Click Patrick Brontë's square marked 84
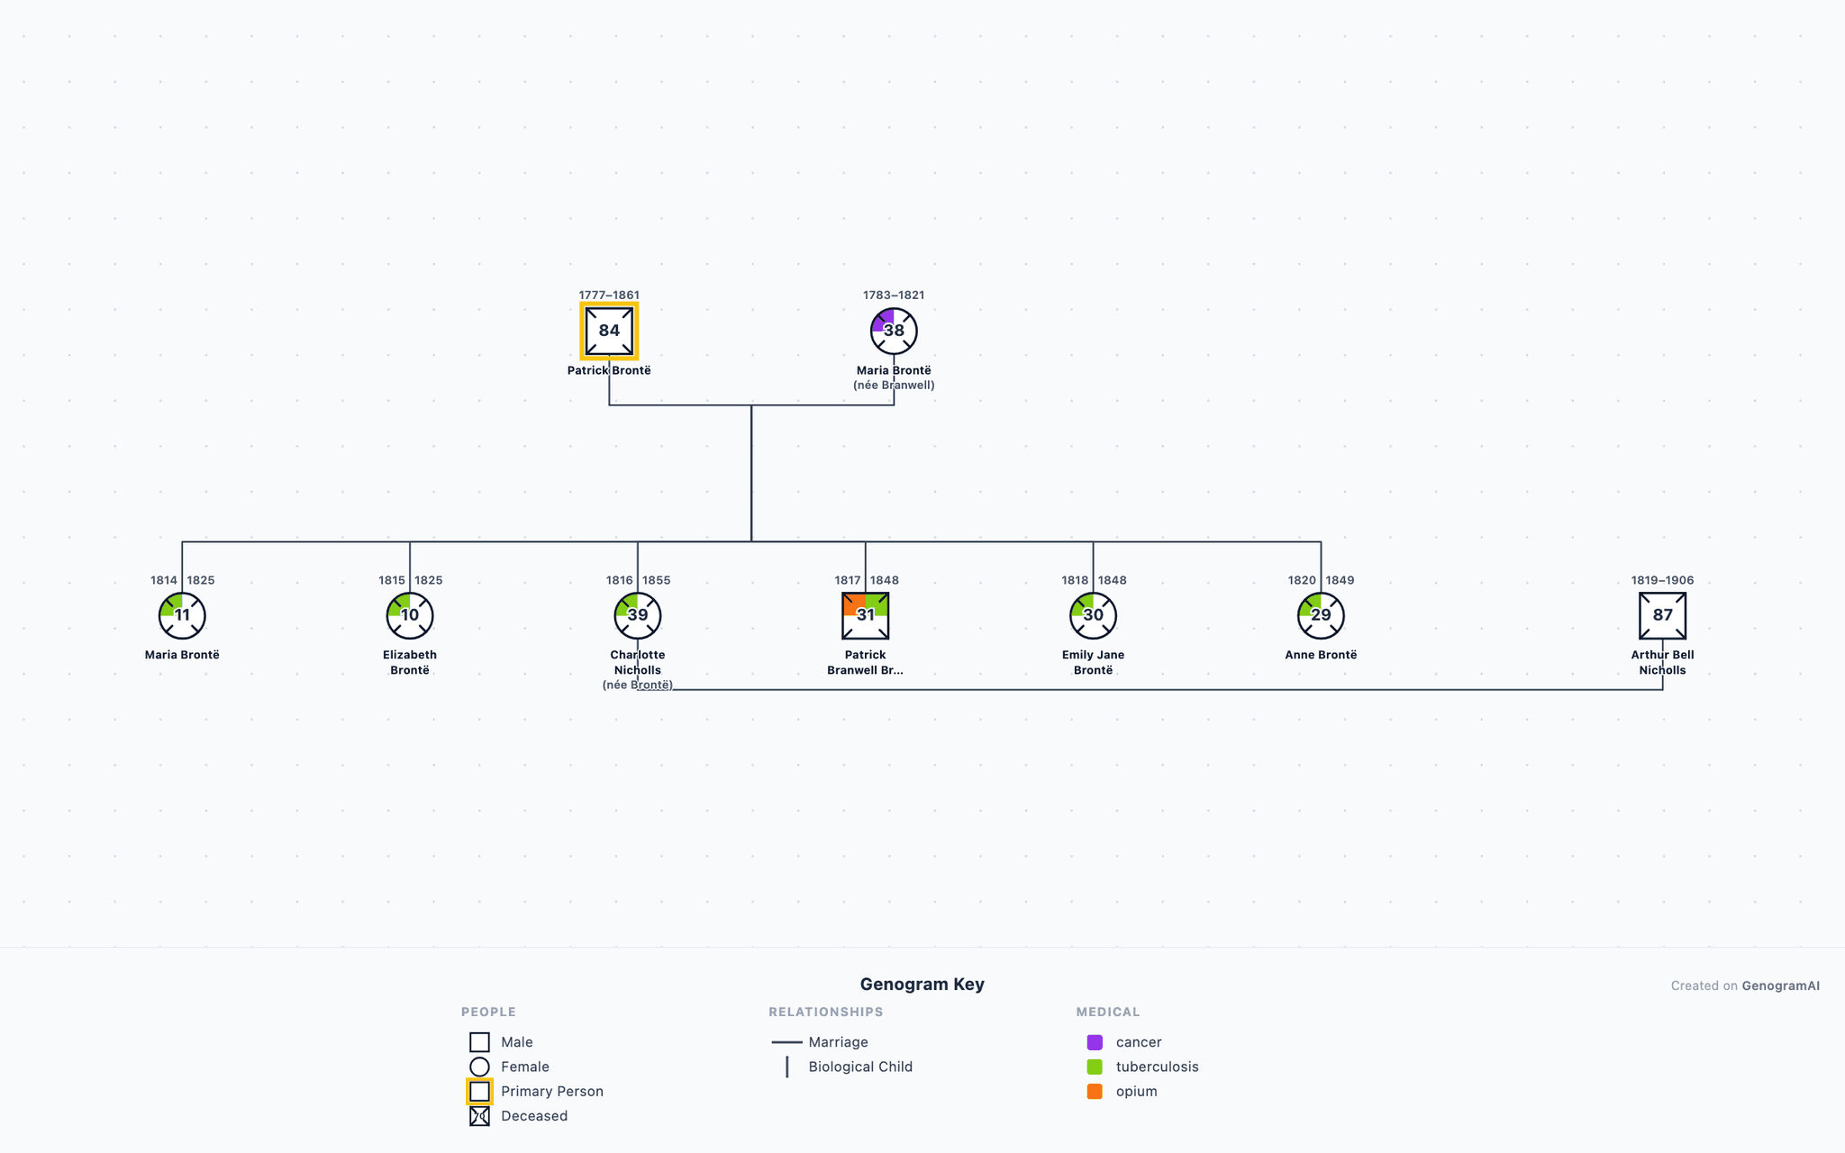click(x=609, y=331)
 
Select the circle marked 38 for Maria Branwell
click(x=894, y=331)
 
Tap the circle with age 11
click(x=182, y=615)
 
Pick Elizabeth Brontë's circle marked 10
click(x=410, y=615)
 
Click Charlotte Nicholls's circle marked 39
click(x=638, y=615)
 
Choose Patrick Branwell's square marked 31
click(x=866, y=615)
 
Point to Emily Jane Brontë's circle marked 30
click(x=1093, y=615)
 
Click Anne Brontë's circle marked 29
click(x=1321, y=615)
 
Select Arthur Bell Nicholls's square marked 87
click(x=1662, y=615)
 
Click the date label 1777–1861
click(x=609, y=295)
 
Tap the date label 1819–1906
click(x=1662, y=580)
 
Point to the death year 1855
click(x=656, y=580)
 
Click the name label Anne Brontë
click(x=1321, y=655)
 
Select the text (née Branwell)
click(x=894, y=386)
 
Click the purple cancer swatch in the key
click(x=1095, y=1042)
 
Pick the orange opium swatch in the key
click(x=1095, y=1091)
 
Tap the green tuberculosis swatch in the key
click(x=1095, y=1067)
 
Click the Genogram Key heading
click(x=922, y=984)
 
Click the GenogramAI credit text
click(x=1780, y=985)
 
